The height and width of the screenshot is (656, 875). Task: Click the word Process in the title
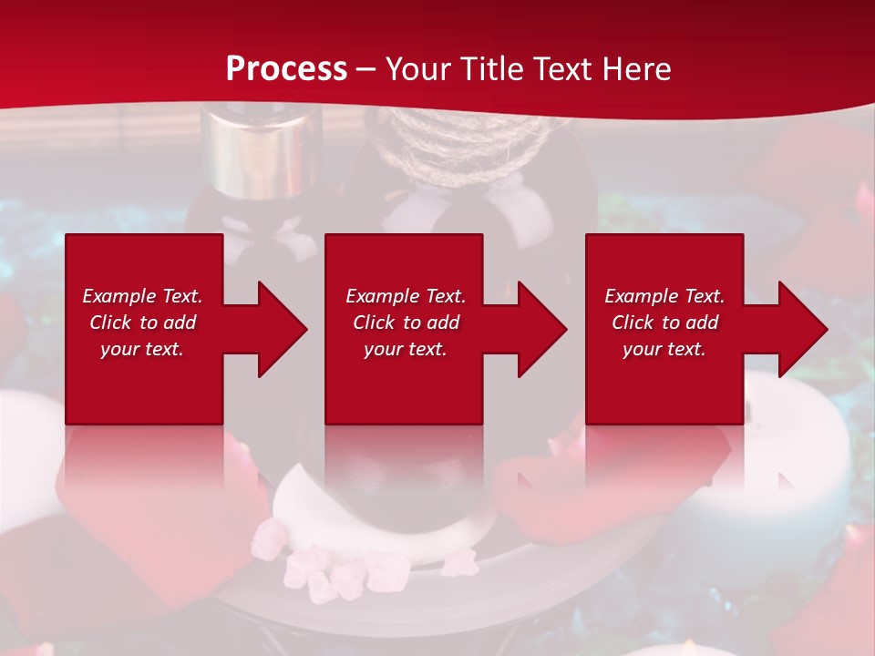click(286, 69)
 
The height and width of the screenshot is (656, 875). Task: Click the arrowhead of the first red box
click(278, 329)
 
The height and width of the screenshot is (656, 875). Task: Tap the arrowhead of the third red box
click(798, 329)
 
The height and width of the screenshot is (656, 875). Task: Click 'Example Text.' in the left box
click(142, 296)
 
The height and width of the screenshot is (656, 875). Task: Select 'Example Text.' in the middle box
click(406, 296)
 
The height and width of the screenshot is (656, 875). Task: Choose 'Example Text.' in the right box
click(664, 296)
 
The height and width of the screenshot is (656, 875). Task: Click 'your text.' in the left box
click(142, 349)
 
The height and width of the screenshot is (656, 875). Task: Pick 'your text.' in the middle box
click(406, 349)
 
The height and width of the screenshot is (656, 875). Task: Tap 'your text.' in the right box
click(664, 349)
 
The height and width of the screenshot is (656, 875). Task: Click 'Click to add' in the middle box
click(406, 323)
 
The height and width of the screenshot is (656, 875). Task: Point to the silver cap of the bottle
click(262, 151)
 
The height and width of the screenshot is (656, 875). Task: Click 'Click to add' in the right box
click(664, 323)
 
